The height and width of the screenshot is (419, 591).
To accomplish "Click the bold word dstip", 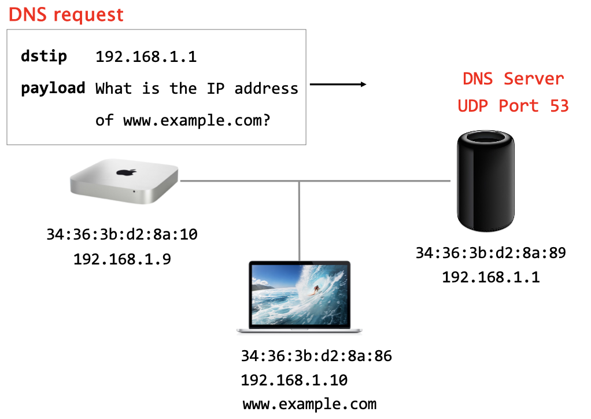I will click(x=44, y=57).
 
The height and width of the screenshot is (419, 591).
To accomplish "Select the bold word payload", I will click(x=53, y=89).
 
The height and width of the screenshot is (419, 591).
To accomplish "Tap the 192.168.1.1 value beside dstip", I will click(x=146, y=57).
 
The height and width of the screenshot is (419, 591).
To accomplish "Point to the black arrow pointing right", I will click(x=338, y=85).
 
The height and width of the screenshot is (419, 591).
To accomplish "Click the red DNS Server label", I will click(x=513, y=78).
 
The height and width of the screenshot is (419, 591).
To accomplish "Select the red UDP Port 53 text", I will click(x=513, y=106).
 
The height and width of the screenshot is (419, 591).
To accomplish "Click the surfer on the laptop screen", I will click(x=316, y=288).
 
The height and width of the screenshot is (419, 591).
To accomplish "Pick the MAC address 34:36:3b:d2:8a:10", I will click(x=122, y=235).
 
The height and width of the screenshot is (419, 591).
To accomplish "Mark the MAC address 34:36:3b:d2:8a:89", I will click(x=490, y=253).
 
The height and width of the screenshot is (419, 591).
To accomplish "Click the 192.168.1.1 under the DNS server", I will click(x=490, y=277).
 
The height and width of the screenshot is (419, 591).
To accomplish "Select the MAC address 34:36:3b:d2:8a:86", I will click(x=316, y=355).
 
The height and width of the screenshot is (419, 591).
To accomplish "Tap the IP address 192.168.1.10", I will click(x=294, y=380).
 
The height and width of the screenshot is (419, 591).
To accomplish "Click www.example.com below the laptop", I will click(x=309, y=404).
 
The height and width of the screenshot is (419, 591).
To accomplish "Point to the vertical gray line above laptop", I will click(x=300, y=220).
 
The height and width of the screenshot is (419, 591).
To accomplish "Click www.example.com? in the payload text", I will click(x=197, y=121).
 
